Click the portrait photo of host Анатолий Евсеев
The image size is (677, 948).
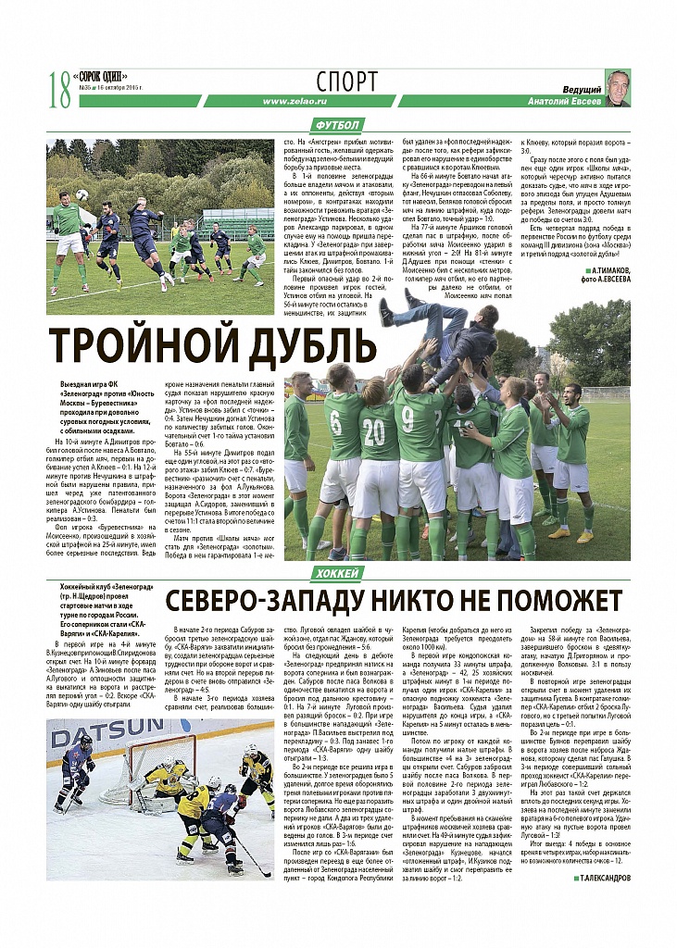(x=618, y=88)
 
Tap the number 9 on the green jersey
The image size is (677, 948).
(x=408, y=418)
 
